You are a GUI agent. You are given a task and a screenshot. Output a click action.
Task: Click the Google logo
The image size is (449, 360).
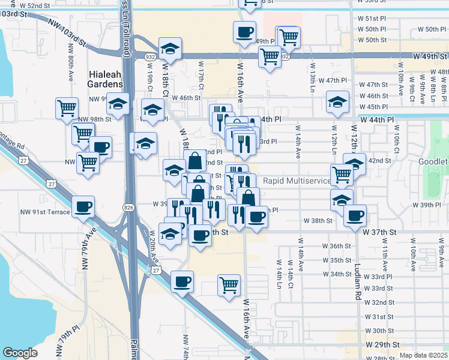20,353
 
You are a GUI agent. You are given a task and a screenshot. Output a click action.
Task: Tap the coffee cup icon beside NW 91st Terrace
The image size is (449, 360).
83,208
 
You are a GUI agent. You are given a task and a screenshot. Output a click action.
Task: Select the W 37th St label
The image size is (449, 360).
379,232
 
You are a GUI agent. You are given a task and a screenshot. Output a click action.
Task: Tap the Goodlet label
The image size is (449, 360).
433,162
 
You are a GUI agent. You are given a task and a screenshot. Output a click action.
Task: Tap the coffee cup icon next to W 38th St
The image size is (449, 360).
355,215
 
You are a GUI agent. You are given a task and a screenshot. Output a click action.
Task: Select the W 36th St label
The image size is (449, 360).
336,246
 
